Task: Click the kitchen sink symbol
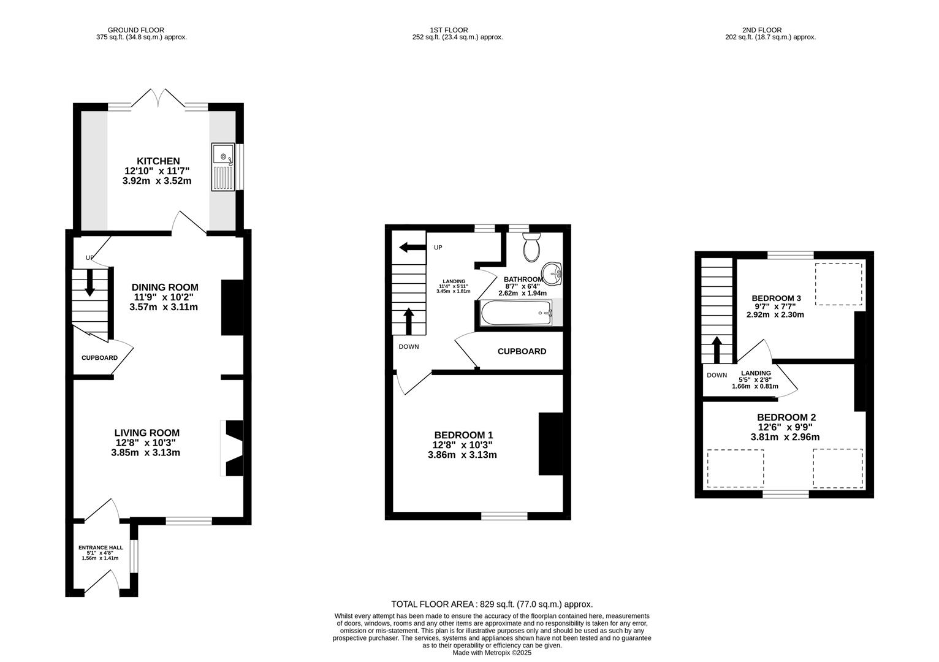(x=223, y=167)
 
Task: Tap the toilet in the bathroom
(x=531, y=248)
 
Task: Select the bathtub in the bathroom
(x=516, y=313)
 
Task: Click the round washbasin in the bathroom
(x=552, y=274)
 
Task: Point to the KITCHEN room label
(x=158, y=161)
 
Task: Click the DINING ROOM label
(x=165, y=287)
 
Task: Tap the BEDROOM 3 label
(x=776, y=298)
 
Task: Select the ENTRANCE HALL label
(x=101, y=547)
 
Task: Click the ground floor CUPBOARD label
(x=99, y=357)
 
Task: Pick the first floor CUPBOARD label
(x=522, y=351)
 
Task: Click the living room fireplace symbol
(x=232, y=448)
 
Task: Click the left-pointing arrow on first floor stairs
(x=412, y=248)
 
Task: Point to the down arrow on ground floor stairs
(x=89, y=283)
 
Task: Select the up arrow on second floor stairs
(x=717, y=350)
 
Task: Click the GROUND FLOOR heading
(x=136, y=30)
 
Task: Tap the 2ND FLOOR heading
(x=762, y=30)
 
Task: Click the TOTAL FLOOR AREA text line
(x=492, y=604)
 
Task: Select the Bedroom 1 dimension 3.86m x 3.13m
(x=462, y=455)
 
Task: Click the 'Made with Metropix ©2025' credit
(x=492, y=653)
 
